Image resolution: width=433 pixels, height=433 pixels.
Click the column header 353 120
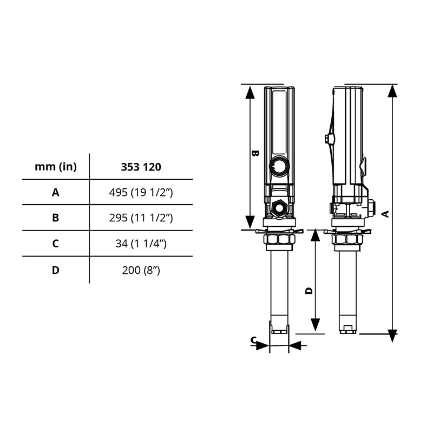tap(141, 167)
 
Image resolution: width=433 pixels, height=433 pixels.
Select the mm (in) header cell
tap(56, 167)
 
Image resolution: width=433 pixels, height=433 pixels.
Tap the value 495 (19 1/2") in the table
tap(141, 192)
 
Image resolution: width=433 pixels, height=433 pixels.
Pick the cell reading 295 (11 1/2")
tap(141, 218)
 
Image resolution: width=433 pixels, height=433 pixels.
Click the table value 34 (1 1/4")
tap(141, 243)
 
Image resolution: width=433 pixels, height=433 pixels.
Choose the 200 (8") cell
tap(141, 269)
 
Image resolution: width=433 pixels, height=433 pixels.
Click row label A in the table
tap(56, 192)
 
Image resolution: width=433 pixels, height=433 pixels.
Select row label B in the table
tap(56, 218)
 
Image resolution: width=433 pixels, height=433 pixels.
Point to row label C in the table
tap(56, 243)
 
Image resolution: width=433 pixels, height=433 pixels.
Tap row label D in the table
tap(56, 269)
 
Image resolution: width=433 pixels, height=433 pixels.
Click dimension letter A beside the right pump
tap(385, 213)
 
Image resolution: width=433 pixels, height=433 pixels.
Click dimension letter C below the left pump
tap(253, 340)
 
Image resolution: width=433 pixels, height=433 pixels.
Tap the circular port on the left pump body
tap(280, 166)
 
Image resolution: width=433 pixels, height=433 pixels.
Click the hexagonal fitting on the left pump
tap(280, 206)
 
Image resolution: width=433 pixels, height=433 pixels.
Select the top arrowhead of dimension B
tap(250, 92)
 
